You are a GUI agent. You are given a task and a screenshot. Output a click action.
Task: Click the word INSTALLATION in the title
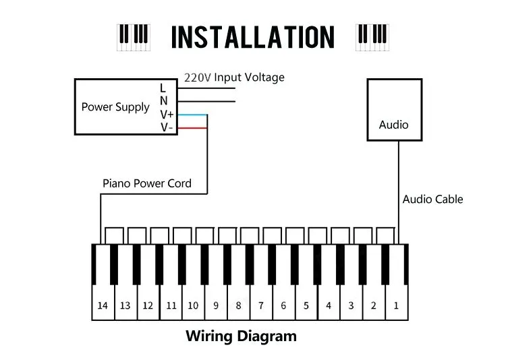point(252,36)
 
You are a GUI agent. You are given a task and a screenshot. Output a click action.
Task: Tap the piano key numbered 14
point(103,297)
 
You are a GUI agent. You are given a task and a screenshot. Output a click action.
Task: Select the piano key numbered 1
point(396,297)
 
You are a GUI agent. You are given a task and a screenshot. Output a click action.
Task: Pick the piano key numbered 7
point(260,297)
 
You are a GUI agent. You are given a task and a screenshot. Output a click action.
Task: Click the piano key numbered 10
point(193,297)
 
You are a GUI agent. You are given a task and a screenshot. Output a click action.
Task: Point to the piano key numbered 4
point(329,297)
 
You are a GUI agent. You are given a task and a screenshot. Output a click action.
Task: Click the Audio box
point(393,110)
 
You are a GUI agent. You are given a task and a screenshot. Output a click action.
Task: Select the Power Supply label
point(115,107)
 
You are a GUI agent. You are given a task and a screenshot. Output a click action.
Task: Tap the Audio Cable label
point(432,199)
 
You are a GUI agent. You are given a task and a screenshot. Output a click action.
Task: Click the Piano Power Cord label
point(147,183)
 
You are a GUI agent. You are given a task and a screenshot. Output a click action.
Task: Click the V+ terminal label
point(167,115)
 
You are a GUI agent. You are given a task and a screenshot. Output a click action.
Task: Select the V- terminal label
point(166,127)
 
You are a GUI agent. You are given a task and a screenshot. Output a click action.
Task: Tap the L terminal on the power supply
point(163,88)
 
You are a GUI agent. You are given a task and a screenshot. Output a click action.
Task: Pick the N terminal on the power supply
point(163,101)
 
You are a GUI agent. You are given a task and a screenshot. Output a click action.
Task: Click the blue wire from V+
point(192,115)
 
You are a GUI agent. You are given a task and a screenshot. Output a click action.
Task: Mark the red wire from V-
point(192,127)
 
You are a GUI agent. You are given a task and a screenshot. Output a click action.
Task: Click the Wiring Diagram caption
point(241,336)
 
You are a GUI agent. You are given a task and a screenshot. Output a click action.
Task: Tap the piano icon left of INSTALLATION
point(133,36)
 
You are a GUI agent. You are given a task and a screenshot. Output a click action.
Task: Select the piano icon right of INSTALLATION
point(372,36)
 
